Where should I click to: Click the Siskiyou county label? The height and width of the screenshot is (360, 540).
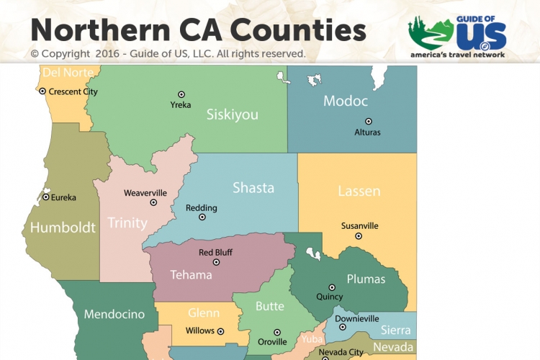click(232, 114)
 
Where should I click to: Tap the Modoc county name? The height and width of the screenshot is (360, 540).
click(346, 101)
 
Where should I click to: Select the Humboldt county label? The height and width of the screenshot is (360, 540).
click(63, 228)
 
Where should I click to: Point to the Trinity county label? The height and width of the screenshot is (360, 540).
click(127, 222)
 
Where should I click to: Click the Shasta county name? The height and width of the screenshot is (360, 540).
click(253, 188)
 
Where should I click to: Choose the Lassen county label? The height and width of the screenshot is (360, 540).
click(359, 192)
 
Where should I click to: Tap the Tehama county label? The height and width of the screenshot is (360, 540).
click(191, 274)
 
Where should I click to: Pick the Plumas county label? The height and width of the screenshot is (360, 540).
click(366, 279)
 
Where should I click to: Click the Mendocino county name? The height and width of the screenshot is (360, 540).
click(114, 315)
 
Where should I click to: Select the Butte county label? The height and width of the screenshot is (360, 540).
click(270, 307)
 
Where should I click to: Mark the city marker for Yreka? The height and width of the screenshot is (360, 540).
click(181, 94)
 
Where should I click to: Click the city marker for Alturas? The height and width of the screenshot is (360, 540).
click(368, 122)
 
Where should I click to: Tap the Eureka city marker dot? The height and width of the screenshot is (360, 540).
click(45, 197)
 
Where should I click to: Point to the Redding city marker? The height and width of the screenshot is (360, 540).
click(202, 217)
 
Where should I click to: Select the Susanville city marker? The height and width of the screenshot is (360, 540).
click(358, 235)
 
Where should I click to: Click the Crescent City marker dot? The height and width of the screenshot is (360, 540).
click(42, 91)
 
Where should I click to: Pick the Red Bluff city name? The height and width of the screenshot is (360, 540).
click(215, 253)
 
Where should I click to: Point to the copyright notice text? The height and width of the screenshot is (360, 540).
click(168, 54)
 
